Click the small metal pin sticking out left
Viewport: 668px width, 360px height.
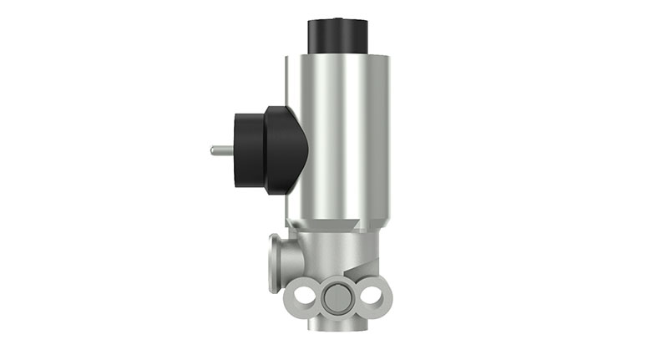click(221, 150)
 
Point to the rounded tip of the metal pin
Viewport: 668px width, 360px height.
click(213, 150)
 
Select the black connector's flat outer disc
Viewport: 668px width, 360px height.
click(248, 150)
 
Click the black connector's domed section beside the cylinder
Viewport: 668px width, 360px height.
click(286, 150)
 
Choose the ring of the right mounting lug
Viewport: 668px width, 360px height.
click(377, 296)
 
